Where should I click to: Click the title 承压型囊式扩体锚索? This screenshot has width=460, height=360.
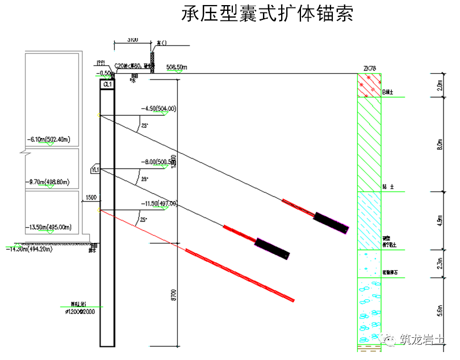click(267, 14)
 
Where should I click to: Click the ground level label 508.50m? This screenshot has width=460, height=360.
click(177, 68)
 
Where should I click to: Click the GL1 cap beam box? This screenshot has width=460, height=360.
click(107, 84)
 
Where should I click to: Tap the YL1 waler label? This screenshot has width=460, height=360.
click(95, 169)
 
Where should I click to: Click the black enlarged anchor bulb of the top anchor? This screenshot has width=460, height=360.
click(332, 223)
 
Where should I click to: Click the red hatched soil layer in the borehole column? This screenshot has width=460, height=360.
click(368, 85)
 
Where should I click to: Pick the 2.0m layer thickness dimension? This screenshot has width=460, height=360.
click(439, 85)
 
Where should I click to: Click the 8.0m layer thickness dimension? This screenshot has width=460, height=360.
click(439, 144)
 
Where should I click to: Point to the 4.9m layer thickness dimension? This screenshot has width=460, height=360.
click(439, 220)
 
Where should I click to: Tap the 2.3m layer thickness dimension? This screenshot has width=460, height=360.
click(439, 263)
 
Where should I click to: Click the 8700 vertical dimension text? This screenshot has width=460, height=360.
click(173, 295)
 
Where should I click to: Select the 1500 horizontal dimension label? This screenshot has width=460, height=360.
click(91, 198)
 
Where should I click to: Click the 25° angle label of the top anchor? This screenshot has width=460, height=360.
click(144, 126)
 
